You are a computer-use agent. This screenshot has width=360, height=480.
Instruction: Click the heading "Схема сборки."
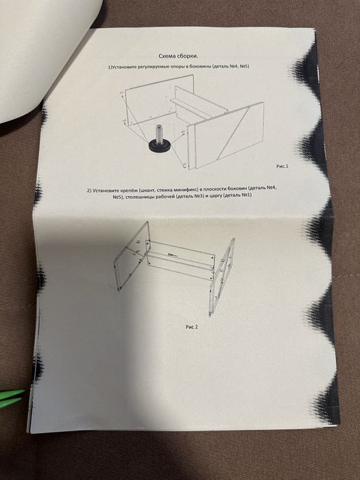178,56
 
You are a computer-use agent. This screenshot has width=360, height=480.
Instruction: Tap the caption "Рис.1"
283,166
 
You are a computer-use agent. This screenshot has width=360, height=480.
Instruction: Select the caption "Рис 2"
191,327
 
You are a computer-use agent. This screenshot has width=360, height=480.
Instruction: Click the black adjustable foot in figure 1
160,145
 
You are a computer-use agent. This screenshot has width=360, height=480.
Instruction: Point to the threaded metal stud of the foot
160,132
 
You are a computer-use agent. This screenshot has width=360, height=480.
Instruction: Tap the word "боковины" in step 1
200,67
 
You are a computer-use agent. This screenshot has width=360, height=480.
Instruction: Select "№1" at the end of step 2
246,195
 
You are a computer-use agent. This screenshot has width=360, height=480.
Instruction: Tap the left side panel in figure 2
132,256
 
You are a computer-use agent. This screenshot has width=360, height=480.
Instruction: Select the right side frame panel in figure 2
222,276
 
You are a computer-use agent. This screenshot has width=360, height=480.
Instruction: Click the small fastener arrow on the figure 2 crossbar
172,254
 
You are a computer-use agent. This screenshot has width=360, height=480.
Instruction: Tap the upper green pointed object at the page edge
12,394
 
